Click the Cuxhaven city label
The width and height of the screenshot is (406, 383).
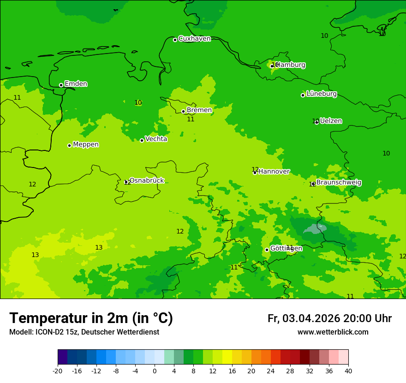click(x=194, y=39)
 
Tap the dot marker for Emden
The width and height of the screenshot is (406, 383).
click(x=61, y=85)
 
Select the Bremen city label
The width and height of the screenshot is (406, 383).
click(x=199, y=110)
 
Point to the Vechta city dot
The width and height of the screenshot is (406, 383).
click(x=142, y=140)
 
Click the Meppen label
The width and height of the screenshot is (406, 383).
click(x=86, y=144)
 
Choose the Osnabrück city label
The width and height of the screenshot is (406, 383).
click(x=146, y=180)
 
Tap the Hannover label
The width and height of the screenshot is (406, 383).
click(x=274, y=172)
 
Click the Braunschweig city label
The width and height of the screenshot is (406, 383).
click(x=339, y=182)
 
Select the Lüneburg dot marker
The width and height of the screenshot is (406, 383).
click(x=303, y=95)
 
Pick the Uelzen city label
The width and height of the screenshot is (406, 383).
click(x=331, y=121)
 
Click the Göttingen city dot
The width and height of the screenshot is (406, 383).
click(x=267, y=250)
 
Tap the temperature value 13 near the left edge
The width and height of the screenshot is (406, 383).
click(x=35, y=255)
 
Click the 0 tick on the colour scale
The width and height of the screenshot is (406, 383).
click(x=155, y=371)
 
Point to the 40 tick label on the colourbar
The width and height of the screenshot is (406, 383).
click(x=348, y=371)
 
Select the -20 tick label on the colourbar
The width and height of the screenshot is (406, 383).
click(x=58, y=371)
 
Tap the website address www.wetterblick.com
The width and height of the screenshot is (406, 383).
click(x=333, y=332)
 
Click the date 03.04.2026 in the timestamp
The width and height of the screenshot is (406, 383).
click(x=311, y=318)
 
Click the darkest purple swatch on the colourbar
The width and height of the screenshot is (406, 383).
click(x=62, y=357)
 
